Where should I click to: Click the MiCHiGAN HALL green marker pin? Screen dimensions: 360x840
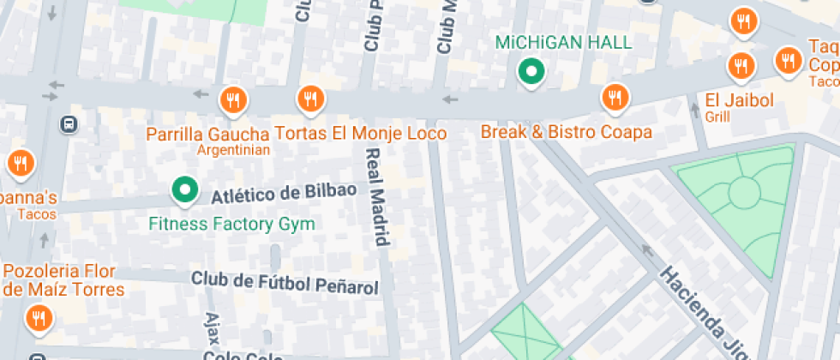point(531,72)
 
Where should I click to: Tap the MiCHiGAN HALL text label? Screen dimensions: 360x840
point(564,42)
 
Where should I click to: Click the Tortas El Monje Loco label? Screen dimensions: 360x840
point(361,133)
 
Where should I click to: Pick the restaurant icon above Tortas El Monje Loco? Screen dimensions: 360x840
point(310,99)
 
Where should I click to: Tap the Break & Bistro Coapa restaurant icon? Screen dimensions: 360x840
point(614,98)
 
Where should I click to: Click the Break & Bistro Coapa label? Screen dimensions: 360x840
point(566,132)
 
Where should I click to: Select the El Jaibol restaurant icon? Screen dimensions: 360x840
point(741,66)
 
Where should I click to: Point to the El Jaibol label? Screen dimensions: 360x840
point(739,100)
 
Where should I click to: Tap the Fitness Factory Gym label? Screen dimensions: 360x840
point(231,225)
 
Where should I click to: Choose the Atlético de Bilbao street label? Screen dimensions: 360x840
point(284,192)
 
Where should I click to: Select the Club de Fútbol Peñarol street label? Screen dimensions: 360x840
point(285,282)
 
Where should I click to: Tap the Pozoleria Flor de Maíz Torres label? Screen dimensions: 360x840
point(63,281)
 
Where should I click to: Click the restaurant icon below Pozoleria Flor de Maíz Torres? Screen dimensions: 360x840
point(38,320)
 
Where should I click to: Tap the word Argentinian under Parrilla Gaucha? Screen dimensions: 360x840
point(233,150)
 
